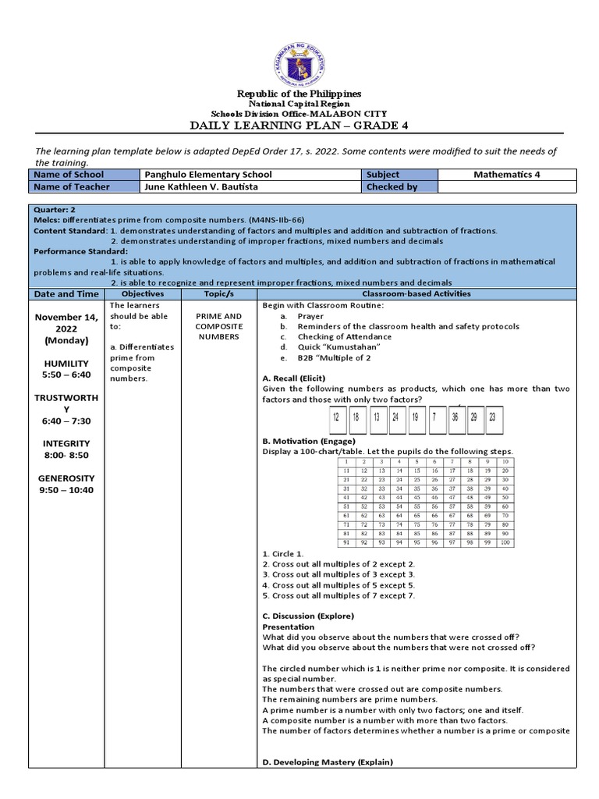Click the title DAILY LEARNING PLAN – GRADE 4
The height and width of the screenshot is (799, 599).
299,126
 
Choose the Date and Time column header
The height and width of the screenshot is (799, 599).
66,294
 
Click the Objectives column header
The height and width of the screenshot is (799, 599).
143,294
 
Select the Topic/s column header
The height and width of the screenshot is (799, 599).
219,294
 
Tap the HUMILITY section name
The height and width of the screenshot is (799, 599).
66,364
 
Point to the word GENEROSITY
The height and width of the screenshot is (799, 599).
66,478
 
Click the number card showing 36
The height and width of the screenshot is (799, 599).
454,417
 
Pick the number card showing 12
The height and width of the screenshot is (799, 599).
336,417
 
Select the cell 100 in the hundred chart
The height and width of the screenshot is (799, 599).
505,542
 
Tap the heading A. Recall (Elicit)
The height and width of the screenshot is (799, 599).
294,378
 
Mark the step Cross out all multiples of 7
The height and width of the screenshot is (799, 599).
338,595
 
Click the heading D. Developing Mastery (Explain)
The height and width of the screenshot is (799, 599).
328,762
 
